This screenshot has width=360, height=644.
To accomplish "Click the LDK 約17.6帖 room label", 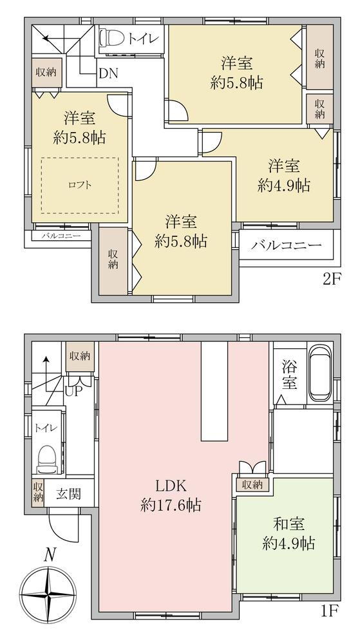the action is tap(171, 495).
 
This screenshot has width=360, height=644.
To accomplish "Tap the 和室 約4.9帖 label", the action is tap(289, 534).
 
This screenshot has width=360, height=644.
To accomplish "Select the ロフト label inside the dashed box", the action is tap(80, 185).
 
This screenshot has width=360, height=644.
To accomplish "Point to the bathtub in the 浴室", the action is tap(320, 372).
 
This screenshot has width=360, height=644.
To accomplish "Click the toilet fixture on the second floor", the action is tap(111, 39).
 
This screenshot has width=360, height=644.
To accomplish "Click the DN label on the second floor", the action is tap(109, 73).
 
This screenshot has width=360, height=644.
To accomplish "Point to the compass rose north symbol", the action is tap(48, 594).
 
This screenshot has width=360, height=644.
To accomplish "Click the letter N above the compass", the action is tap(50, 555).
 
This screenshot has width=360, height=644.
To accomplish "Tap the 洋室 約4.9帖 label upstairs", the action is tap(284, 176).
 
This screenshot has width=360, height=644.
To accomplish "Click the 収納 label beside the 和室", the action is tap(252, 485).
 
